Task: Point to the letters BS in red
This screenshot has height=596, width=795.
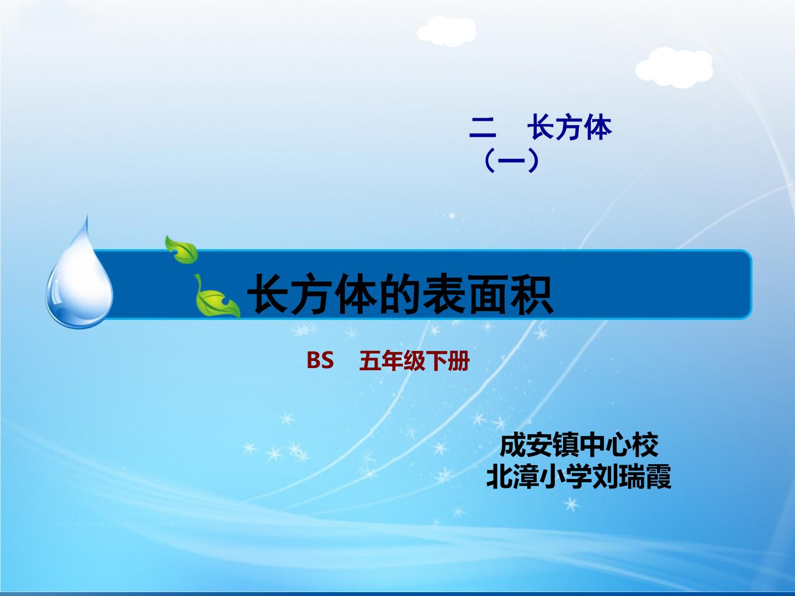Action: (320, 361)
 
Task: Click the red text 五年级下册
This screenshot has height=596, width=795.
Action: (414, 362)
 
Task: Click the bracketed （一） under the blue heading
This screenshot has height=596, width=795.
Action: (510, 162)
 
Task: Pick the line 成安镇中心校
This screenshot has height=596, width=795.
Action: (579, 445)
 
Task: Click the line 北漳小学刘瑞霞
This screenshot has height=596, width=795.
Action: (579, 477)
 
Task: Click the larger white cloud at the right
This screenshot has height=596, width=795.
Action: (674, 66)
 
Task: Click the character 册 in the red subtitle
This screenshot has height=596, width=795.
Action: (458, 362)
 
